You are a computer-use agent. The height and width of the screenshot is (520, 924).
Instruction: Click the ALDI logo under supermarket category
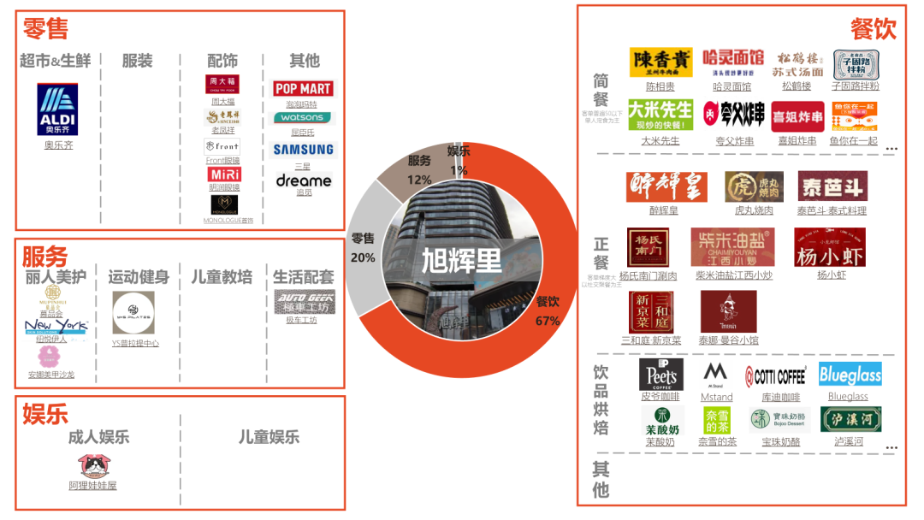pyautogui.click(x=58, y=109)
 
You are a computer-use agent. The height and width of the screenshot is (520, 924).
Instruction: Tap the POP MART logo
pyautogui.click(x=303, y=89)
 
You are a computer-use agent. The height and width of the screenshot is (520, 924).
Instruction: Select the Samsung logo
pyautogui.click(x=303, y=150)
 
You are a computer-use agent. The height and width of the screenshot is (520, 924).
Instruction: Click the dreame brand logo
pyautogui.click(x=304, y=181)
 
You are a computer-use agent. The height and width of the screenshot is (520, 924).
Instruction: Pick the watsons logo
pyautogui.click(x=303, y=117)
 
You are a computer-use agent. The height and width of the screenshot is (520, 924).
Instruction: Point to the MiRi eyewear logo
pyautogui.click(x=223, y=174)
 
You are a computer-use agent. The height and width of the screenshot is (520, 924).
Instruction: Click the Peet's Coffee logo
pyautogui.click(x=660, y=375)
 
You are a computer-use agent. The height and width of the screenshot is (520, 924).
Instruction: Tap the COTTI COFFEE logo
pyautogui.click(x=775, y=375)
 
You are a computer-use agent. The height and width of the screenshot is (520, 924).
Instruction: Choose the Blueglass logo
pyautogui.click(x=850, y=374)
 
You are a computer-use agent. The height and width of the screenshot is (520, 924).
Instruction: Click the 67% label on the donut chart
pyautogui.click(x=548, y=321)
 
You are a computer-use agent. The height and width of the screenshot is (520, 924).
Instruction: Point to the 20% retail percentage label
pyautogui.click(x=363, y=257)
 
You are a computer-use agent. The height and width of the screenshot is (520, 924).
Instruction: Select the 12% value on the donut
pyautogui.click(x=419, y=180)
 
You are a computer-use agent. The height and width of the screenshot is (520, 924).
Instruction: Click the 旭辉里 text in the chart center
pyautogui.click(x=461, y=259)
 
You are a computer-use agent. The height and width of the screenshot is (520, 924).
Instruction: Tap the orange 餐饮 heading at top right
pyautogui.click(x=873, y=29)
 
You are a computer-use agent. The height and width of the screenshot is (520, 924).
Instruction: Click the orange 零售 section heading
pyautogui.click(x=46, y=29)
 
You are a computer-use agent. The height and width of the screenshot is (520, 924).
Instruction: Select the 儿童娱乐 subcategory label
pyautogui.click(x=269, y=437)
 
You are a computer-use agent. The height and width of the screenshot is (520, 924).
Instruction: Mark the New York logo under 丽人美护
pyautogui.click(x=56, y=326)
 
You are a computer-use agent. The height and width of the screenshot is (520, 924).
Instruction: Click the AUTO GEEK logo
pyautogui.click(x=305, y=302)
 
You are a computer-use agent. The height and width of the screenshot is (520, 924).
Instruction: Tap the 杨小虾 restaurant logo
pyautogui.click(x=830, y=247)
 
